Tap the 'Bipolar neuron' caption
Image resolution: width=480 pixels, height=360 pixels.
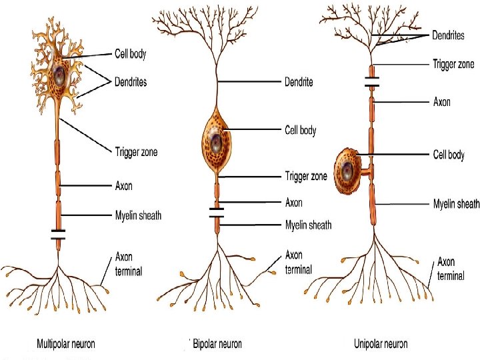pos(217,344)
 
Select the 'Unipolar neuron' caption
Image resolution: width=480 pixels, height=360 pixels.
pos(380,344)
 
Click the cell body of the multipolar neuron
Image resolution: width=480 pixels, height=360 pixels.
pos(61,71)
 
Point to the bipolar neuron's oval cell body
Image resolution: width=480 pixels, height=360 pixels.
pos(217,140)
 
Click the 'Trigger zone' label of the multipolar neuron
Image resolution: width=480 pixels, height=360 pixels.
pos(136,152)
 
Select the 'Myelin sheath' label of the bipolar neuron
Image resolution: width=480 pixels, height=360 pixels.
pos(308,225)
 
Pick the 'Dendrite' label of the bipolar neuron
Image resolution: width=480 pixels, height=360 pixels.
pos(299,83)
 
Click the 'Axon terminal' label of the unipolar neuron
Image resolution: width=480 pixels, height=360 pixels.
pos(451,269)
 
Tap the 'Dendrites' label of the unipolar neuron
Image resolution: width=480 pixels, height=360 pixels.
pos(453,35)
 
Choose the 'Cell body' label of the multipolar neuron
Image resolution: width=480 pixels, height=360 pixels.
pos(130,54)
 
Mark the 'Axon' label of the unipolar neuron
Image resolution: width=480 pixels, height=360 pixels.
pos(442,102)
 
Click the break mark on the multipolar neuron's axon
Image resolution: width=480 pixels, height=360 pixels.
pos(59,235)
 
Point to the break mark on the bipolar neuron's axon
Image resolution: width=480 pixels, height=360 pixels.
pos(217,213)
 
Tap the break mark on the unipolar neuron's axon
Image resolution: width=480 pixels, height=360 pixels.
pos(372,83)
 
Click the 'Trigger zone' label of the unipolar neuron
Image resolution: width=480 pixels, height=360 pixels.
pos(453,65)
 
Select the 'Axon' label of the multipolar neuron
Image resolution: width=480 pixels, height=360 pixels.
pos(124,186)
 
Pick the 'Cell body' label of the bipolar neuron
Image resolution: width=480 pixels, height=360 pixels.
pos(301,131)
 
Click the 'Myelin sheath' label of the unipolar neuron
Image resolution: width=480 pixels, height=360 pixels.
pos(456,204)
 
